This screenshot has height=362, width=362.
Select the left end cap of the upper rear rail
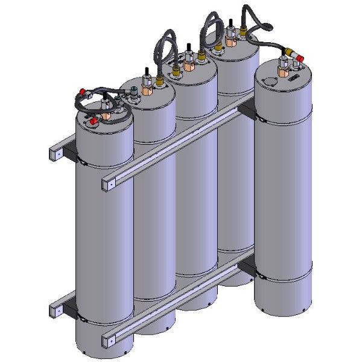click(x=55, y=154)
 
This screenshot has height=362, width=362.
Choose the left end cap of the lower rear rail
click(x=55, y=311)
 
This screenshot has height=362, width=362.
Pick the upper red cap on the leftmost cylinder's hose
click(x=80, y=93)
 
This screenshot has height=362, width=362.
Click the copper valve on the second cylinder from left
click(x=147, y=91)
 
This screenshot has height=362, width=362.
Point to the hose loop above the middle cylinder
click(x=164, y=45)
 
